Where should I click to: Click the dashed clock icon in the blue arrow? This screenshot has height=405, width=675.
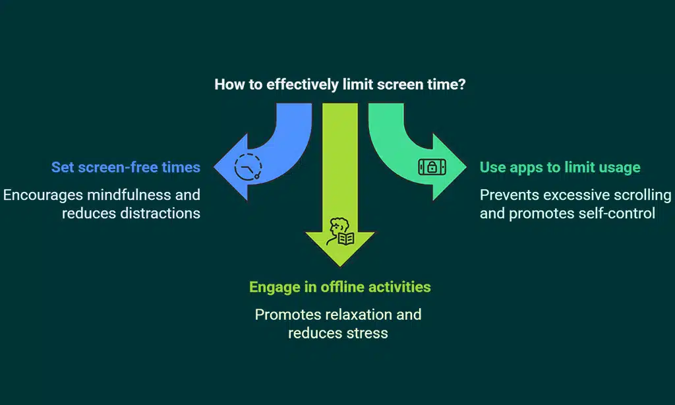click(248, 167)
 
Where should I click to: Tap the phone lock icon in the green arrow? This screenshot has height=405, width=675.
click(432, 167)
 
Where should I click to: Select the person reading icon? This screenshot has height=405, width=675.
click(340, 232)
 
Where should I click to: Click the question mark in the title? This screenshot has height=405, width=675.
click(462, 84)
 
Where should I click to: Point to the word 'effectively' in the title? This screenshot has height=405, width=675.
click(302, 84)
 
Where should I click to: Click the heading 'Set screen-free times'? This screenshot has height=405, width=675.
click(126, 167)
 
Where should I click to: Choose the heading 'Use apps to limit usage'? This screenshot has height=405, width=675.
click(560, 167)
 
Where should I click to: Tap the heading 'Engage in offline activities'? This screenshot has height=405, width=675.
click(339, 287)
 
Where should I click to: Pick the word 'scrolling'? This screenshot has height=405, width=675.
click(642, 195)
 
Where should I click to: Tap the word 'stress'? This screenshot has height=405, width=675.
click(367, 334)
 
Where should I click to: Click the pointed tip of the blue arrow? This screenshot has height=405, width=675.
click(214, 167)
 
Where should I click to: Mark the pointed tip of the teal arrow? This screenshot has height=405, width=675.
click(466, 167)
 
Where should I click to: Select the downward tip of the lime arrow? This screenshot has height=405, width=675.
click(340, 266)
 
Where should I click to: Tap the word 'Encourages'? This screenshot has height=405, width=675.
click(43, 195)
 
